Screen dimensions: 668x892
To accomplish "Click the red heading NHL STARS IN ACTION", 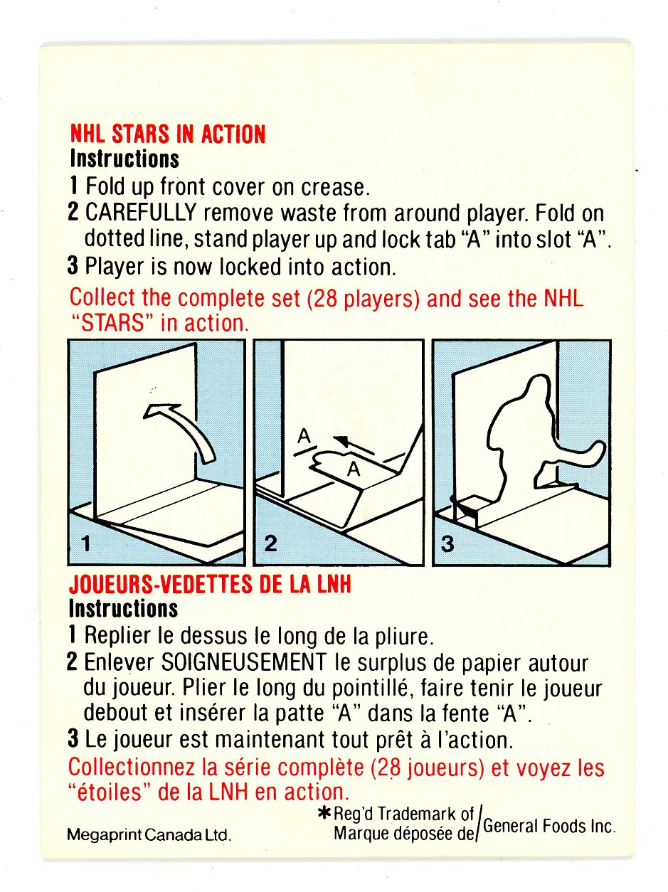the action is tap(167, 134).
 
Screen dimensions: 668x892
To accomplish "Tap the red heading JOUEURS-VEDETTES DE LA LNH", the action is tap(210, 584).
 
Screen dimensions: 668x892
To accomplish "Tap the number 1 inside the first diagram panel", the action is tap(86, 543).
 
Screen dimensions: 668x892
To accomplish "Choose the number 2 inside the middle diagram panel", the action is tap(270, 543).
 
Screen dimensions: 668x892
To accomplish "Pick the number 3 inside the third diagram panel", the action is tap(447, 543).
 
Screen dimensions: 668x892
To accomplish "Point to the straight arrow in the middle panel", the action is tap(354, 445).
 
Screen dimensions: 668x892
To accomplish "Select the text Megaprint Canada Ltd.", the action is tap(149, 835).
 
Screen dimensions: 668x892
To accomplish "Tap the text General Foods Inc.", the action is tap(549, 826).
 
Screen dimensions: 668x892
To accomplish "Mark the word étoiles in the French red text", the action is tap(109, 792).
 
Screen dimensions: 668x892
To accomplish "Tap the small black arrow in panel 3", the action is tap(465, 508).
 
